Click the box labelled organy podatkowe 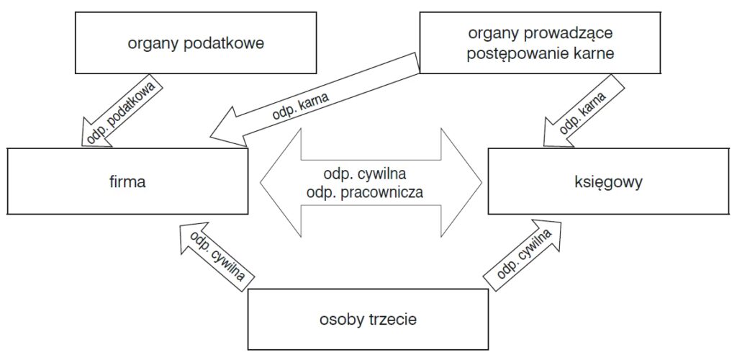point(196,43)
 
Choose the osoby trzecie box point(367,319)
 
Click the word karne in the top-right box point(592,53)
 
